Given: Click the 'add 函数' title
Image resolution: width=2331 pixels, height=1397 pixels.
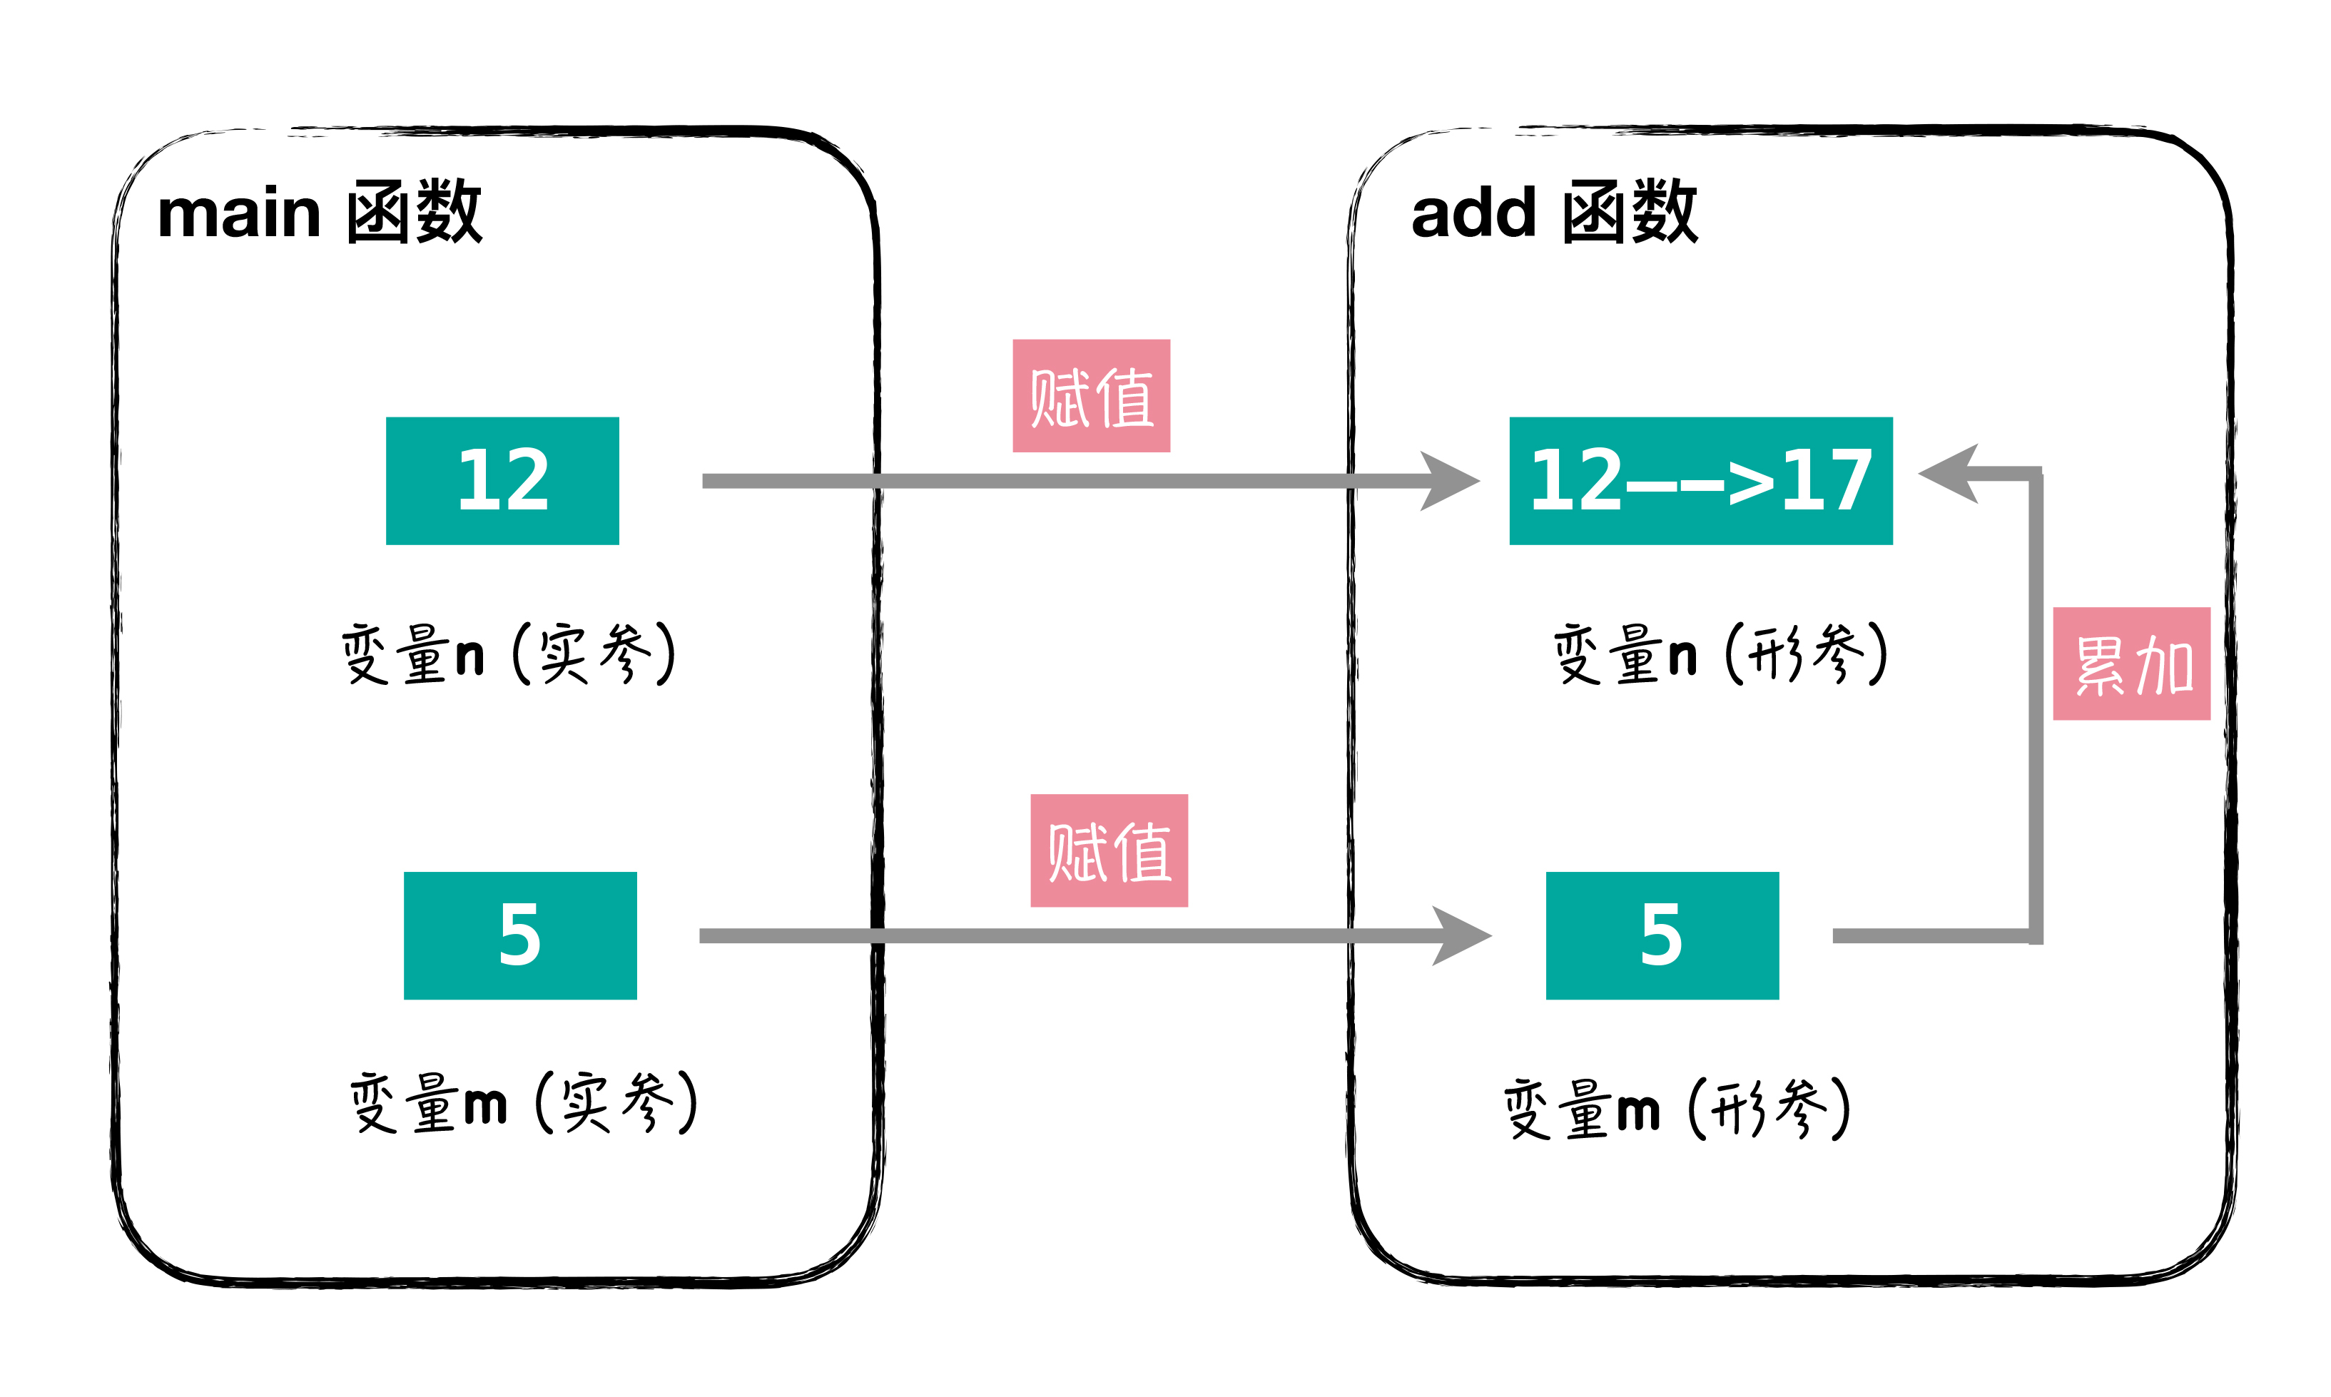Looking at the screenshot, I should point(1553,213).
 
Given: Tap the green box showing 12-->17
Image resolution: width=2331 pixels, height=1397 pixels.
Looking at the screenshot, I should point(1700,480).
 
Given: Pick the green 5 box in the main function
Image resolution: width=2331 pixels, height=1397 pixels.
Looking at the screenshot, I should point(519,935).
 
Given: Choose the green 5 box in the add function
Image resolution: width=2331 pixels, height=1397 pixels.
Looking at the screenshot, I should point(1662,935).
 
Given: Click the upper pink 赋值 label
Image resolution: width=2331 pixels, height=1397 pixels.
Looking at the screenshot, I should point(1091,395).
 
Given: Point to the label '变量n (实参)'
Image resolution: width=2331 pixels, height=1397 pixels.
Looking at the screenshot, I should point(509,654).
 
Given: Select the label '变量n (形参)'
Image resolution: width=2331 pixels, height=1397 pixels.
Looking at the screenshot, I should point(1720,654).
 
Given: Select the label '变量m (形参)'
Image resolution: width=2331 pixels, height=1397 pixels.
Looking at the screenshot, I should point(1677,1108).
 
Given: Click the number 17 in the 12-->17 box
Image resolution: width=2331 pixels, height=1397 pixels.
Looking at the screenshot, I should point(1827,480).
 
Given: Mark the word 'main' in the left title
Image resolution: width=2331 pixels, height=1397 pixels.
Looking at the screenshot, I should point(239,215).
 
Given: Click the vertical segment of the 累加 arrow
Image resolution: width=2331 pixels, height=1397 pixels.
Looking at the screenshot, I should point(2036,706).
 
